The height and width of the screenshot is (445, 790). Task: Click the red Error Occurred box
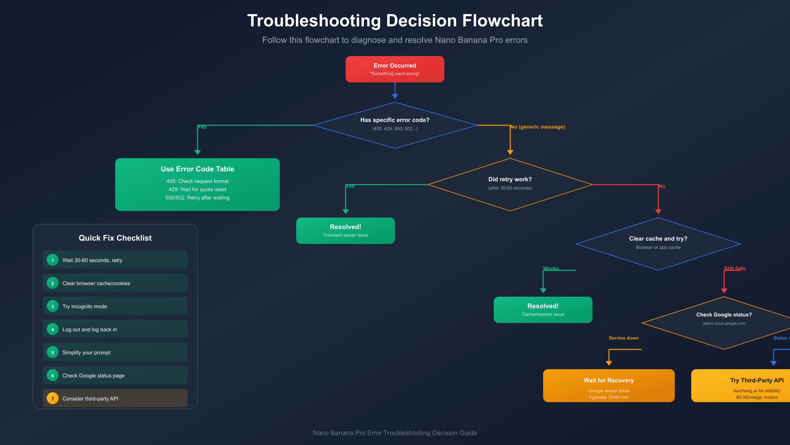click(x=395, y=69)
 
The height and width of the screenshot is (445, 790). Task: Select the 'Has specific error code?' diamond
click(x=395, y=125)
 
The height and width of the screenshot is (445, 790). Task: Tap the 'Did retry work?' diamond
click(x=510, y=184)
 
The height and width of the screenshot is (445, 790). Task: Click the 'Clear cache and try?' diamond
click(x=658, y=244)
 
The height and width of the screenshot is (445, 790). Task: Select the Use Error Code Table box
click(x=197, y=184)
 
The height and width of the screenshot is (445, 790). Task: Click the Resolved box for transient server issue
click(x=345, y=230)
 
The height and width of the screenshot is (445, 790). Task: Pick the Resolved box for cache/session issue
click(x=543, y=310)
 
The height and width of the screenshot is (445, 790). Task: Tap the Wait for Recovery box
click(x=609, y=385)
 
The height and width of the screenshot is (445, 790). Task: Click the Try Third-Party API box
click(x=747, y=385)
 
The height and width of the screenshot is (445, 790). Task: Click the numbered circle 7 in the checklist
click(x=53, y=399)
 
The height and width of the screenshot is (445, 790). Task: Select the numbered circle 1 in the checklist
click(x=53, y=260)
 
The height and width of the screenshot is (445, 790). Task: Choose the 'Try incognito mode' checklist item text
click(x=85, y=306)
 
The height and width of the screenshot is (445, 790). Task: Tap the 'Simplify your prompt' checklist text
click(x=86, y=352)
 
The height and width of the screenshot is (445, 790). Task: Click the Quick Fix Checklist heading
click(x=115, y=238)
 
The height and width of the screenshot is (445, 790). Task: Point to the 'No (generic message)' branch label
click(x=538, y=127)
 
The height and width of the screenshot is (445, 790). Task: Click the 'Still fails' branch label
click(x=735, y=268)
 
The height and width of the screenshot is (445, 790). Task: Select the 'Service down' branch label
click(x=623, y=338)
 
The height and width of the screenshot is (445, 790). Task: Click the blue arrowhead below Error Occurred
click(x=395, y=96)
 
